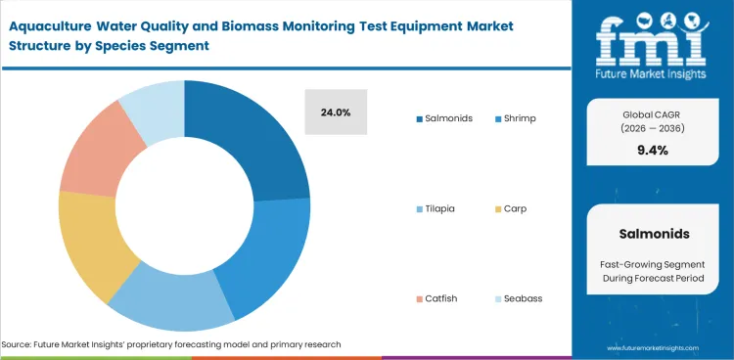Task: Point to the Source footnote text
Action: [171, 344]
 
